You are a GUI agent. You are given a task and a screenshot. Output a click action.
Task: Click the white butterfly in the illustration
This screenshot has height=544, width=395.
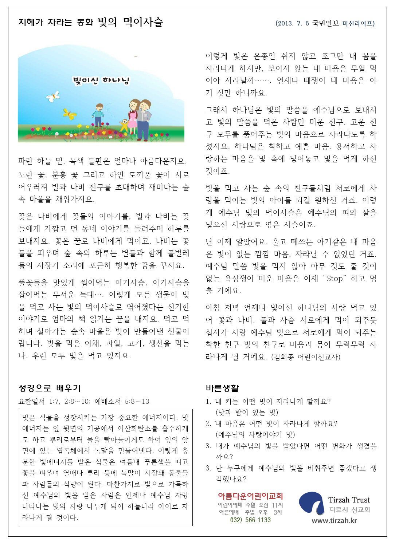pos(53,96)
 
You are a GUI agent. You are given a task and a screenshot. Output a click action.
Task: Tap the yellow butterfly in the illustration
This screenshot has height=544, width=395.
pos(70,114)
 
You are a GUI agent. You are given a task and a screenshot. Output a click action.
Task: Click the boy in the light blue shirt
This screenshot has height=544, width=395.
pos(98,115)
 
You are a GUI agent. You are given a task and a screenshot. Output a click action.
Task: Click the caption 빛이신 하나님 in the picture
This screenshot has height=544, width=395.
pos(101,80)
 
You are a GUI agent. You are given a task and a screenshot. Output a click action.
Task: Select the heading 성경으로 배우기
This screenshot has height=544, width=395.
pos(50,389)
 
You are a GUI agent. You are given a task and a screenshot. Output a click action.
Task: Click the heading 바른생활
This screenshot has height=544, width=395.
pos(222,389)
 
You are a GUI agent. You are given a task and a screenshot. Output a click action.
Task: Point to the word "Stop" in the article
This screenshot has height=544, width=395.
pos(335,279)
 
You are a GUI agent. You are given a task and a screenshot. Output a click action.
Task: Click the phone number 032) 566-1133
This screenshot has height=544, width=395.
pos(250,520)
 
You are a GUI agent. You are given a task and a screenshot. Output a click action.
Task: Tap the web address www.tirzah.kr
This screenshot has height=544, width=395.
pos(334,521)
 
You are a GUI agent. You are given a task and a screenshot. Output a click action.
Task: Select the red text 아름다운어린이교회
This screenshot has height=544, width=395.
pos(250,496)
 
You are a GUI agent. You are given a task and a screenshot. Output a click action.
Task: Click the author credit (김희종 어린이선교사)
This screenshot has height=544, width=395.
pos(305,357)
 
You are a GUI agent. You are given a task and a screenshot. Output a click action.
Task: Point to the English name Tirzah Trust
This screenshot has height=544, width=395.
pos(349,500)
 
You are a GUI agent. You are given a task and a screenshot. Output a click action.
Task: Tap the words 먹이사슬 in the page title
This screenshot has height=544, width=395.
pos(143,22)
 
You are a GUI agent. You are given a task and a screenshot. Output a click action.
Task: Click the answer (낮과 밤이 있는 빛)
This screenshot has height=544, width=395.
pos(247,413)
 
